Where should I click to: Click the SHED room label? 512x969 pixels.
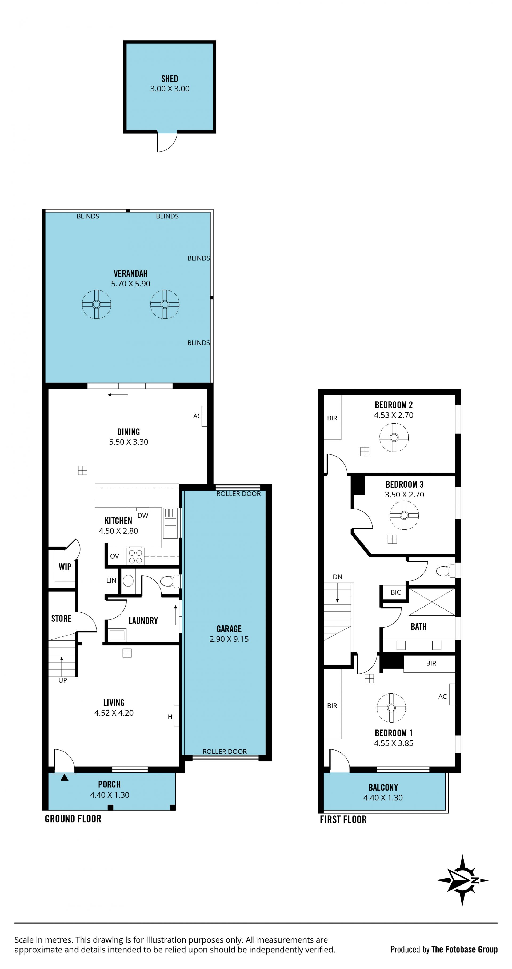(x=170, y=79)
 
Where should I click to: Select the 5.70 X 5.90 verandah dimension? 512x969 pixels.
(x=131, y=284)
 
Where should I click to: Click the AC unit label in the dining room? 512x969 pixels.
(x=197, y=416)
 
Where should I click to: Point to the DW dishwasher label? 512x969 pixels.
(x=143, y=515)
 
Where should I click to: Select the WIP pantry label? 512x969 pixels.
(x=65, y=567)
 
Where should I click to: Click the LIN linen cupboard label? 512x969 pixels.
(x=111, y=580)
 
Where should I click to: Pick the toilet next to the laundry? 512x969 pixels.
(x=169, y=581)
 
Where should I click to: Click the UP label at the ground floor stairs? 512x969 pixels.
(x=63, y=680)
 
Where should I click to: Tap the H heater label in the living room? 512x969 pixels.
(x=170, y=717)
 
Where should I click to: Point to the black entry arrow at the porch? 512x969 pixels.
(x=64, y=777)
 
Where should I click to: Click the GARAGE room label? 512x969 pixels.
(x=229, y=629)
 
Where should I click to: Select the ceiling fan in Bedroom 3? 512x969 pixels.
(x=404, y=515)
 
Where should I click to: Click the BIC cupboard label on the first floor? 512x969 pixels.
(x=396, y=592)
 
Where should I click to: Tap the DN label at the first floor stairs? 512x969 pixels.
(x=337, y=577)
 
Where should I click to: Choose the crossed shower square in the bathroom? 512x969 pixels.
(x=432, y=602)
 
